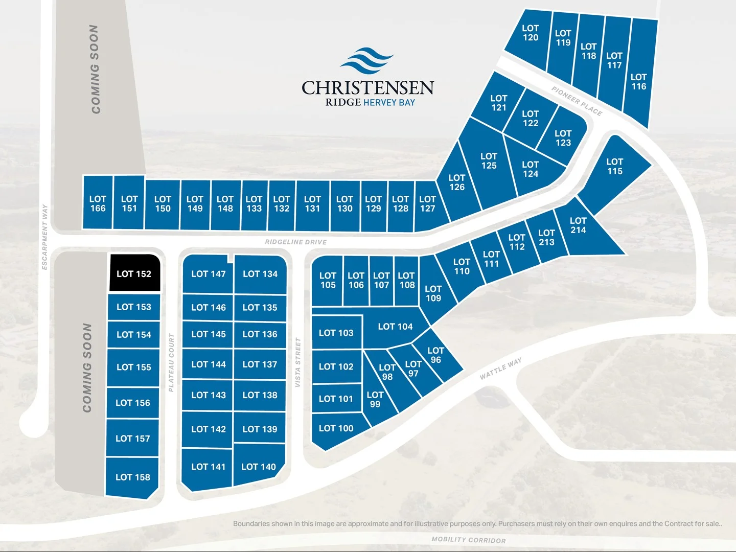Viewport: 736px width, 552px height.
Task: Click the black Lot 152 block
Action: pyautogui.click(x=134, y=273)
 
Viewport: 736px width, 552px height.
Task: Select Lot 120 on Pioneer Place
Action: pyautogui.click(x=530, y=33)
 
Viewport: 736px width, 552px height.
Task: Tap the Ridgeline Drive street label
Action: pyautogui.click(x=295, y=242)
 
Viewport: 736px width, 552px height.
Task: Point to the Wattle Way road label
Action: pyautogui.click(x=501, y=369)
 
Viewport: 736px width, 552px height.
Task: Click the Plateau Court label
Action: pyautogui.click(x=171, y=362)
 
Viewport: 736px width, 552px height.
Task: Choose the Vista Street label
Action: pyautogui.click(x=297, y=362)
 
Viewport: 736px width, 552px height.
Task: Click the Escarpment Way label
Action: pyautogui.click(x=45, y=237)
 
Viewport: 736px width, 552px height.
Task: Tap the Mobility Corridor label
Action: pyautogui.click(x=469, y=540)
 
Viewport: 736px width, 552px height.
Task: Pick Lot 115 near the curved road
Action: pyautogui.click(x=614, y=167)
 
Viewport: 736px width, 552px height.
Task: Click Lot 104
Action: pyautogui.click(x=395, y=327)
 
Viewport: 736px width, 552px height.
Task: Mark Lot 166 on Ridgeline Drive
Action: pyautogui.click(x=98, y=203)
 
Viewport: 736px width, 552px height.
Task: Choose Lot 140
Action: pyautogui.click(x=259, y=466)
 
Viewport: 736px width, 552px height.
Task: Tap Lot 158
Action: pyautogui.click(x=133, y=477)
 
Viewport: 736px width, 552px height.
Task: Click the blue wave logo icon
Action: pyautogui.click(x=367, y=61)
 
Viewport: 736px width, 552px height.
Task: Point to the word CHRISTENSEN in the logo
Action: pyautogui.click(x=367, y=88)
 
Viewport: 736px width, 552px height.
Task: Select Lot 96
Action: pyautogui.click(x=435, y=355)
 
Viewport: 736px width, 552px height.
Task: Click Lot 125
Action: pyautogui.click(x=489, y=161)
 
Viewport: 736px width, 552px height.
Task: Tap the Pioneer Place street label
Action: pyautogui.click(x=577, y=101)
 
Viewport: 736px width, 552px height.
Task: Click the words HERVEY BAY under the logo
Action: pyautogui.click(x=389, y=102)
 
